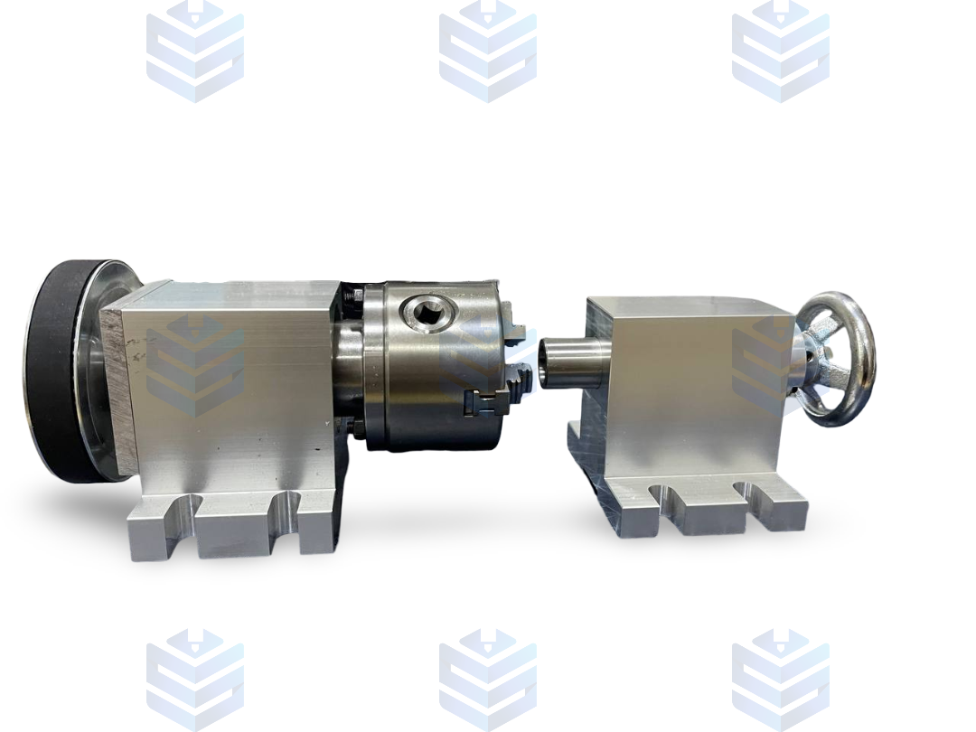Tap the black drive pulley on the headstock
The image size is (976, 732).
[x=54, y=371]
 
